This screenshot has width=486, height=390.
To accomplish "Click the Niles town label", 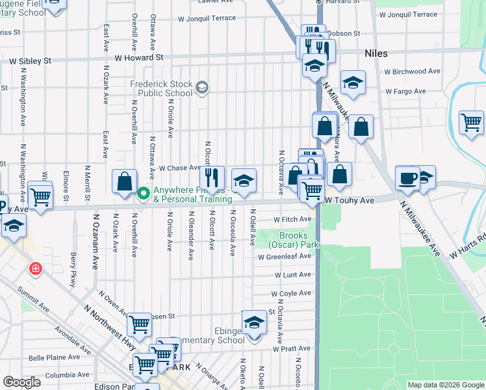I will pos(376,53).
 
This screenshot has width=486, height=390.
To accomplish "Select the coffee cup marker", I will pos(407,177).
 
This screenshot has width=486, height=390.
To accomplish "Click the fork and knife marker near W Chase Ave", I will pos(212,177).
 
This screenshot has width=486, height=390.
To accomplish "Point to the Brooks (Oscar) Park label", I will pos(299,240).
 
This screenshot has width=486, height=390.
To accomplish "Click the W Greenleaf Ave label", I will pos(284,257).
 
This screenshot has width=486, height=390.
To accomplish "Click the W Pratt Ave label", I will pos(292,349).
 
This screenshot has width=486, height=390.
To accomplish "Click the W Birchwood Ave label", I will pos(412,71).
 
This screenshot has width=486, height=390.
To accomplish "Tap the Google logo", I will pos(21,382).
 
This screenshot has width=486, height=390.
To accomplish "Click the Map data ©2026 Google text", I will pos(445,385).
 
